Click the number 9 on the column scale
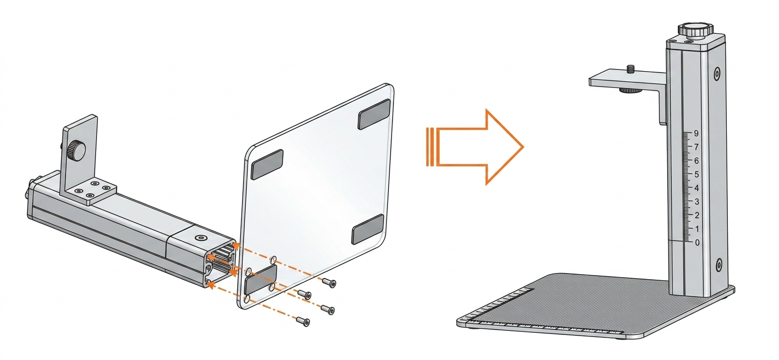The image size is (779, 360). (696, 133)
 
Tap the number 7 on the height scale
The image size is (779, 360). (696, 147)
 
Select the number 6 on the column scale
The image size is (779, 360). (696, 161)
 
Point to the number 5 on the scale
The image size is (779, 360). (696, 174)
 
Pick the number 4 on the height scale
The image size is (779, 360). (696, 188)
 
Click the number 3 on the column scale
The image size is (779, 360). (696, 202)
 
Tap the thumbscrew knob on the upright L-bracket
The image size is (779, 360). (76, 150)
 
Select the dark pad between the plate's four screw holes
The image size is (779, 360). (261, 279)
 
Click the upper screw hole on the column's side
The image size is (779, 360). (717, 74)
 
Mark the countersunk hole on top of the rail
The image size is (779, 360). (200, 238)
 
